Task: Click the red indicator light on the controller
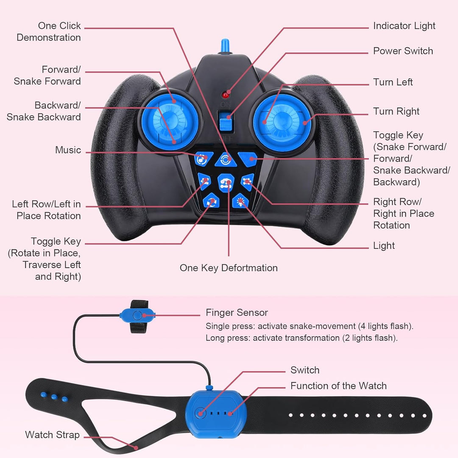click(225, 95)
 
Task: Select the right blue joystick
click(282, 123)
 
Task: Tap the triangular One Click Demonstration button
click(226, 160)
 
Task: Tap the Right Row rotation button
click(248, 182)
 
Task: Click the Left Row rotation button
click(204, 182)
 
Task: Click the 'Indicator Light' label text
click(404, 26)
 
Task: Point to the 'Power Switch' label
click(403, 51)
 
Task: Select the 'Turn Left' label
click(393, 82)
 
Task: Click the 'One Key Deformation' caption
click(229, 268)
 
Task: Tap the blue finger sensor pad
click(137, 316)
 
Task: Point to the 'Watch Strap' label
click(52, 435)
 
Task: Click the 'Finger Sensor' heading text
click(237, 313)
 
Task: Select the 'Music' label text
click(68, 150)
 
